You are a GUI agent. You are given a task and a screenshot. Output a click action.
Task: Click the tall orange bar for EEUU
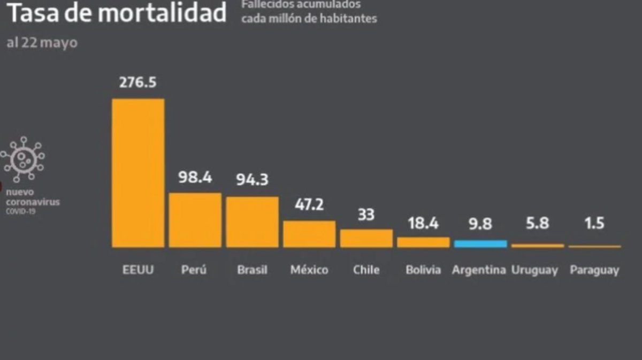coord(138,173)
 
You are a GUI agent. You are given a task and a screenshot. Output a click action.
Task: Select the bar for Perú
coord(195,220)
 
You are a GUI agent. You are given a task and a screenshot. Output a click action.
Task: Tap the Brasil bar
coord(252,222)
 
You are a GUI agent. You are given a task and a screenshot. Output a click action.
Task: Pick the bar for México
coord(309,234)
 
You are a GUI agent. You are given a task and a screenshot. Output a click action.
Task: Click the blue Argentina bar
coord(480,244)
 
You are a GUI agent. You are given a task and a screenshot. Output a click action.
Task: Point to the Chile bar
coord(366,238)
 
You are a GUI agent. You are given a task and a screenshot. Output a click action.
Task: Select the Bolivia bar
coord(423,242)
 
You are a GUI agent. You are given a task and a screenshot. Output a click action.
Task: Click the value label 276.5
coord(138,83)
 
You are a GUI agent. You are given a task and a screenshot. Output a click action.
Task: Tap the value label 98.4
coord(195,177)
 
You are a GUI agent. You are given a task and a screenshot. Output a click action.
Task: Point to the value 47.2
coord(309,204)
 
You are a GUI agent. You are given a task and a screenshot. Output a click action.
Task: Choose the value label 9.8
coord(480,224)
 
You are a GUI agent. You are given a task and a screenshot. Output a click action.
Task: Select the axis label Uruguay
coord(537,270)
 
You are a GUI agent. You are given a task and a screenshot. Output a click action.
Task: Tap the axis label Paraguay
coord(594,270)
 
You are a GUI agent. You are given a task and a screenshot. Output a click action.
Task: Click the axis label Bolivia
coord(423,270)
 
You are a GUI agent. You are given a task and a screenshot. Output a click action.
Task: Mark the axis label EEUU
coord(138,270)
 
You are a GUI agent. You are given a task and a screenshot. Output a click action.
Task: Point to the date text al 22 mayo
coord(42,43)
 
